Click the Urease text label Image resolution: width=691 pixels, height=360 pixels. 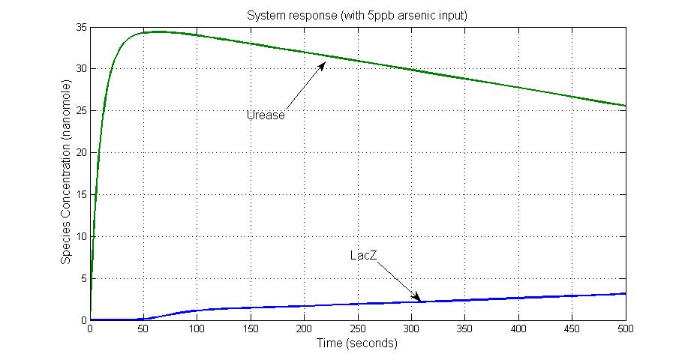coord(266,115)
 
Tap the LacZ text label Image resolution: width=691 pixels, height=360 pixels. coord(363,256)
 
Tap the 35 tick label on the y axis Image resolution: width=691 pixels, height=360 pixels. coord(81,28)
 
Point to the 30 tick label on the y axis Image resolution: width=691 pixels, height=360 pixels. coord(81,69)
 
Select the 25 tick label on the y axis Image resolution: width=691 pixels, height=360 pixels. coord(81,111)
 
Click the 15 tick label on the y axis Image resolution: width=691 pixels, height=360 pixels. coord(81,195)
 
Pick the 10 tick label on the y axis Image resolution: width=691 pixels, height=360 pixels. coord(81,237)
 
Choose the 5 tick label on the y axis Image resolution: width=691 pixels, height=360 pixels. coord(83,278)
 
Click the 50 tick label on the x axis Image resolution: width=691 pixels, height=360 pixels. coord(143,329)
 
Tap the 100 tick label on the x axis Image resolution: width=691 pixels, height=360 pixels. coord(197,329)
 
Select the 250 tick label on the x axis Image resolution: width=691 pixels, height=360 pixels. coord(358,329)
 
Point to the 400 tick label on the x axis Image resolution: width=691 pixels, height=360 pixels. coord(518,329)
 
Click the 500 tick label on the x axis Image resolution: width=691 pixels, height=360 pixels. coord(625,329)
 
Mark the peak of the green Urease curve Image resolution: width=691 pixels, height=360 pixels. coord(158,31)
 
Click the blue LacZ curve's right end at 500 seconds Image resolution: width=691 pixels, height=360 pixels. coord(625,293)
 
